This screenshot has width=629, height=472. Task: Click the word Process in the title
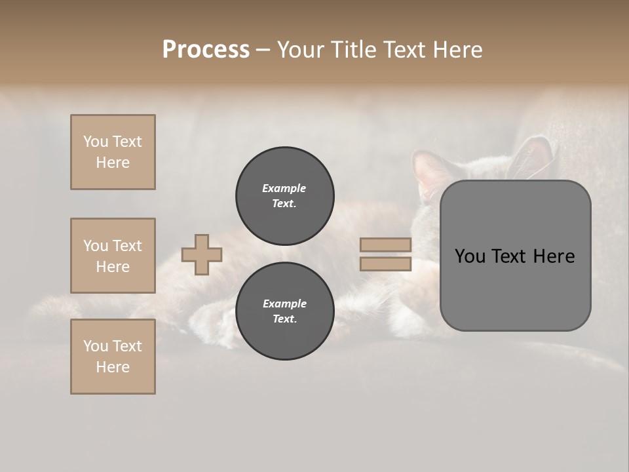206,50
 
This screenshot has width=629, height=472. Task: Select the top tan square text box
113,152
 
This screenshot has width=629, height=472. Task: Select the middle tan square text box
113,256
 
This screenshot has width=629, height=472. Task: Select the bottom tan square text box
113,357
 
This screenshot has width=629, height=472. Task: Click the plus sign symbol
202,254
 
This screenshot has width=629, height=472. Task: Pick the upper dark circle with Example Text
284,195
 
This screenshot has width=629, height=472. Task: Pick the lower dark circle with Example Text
284,311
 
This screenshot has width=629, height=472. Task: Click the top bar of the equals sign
385,245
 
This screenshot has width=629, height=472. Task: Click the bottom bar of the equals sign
385,264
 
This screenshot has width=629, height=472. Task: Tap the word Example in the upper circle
284,188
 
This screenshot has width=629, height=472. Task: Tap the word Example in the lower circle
284,304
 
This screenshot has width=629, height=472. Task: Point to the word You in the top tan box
96,142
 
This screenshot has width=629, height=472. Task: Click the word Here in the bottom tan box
113,367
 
